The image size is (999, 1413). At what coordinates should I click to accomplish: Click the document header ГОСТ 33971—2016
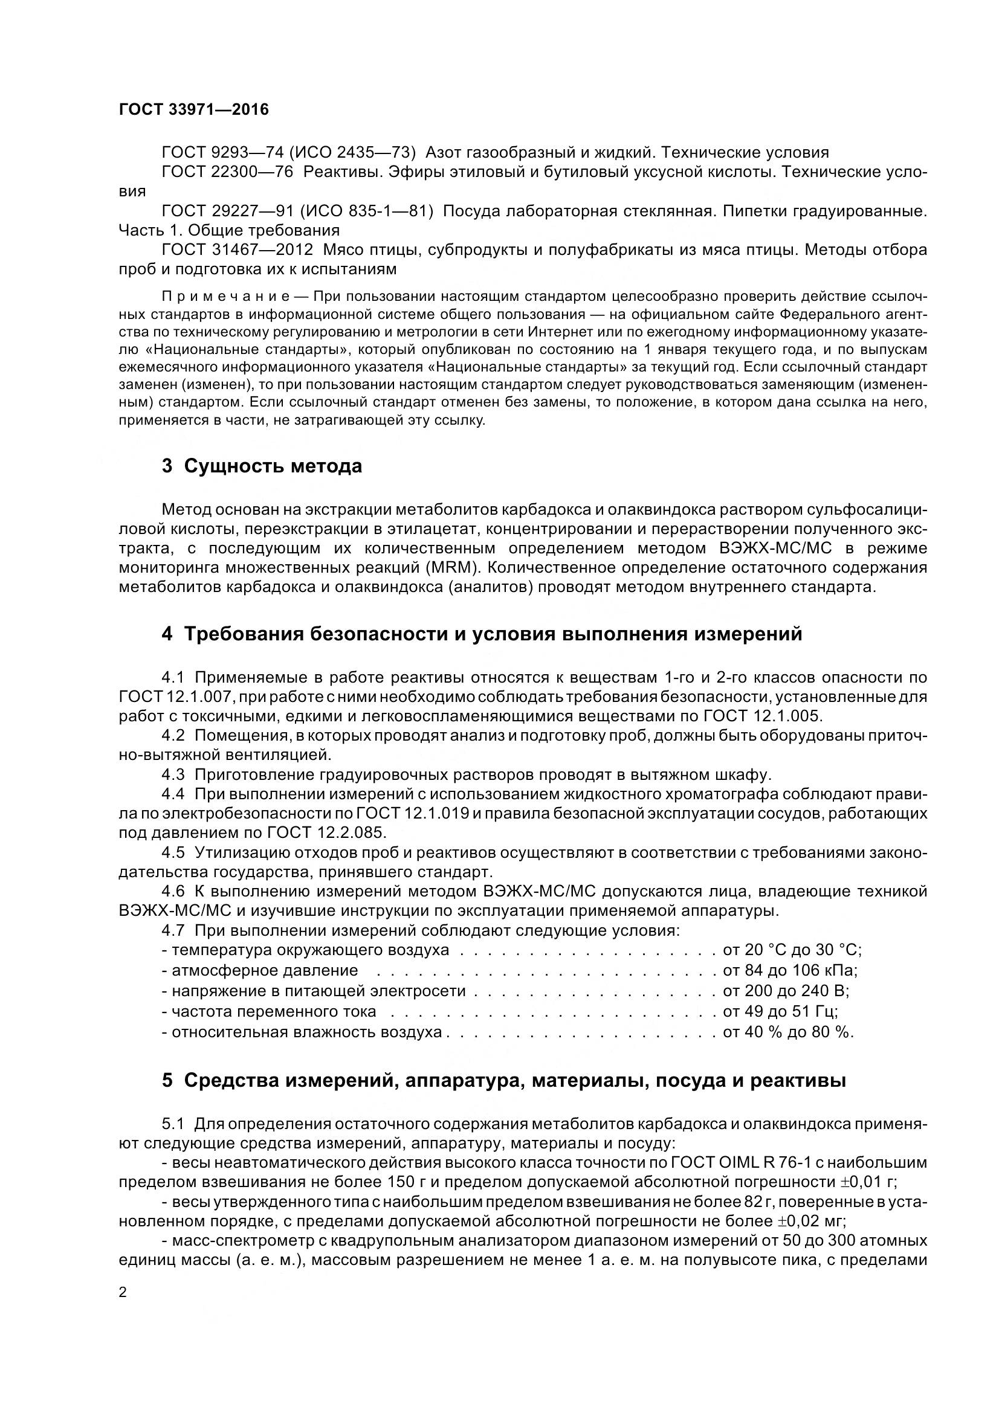[x=193, y=109]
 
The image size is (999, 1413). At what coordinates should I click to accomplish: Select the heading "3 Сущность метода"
[x=262, y=466]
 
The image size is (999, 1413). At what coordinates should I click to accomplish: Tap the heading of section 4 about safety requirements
[x=482, y=634]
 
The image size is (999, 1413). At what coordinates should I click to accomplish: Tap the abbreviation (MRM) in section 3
[x=452, y=567]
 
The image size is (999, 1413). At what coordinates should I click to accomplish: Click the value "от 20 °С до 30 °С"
[x=792, y=950]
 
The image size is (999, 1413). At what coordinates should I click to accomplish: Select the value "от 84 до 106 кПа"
[x=790, y=971]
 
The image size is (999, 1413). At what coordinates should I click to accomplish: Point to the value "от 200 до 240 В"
[x=786, y=991]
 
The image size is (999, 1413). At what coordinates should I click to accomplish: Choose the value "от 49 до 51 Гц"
[x=780, y=1011]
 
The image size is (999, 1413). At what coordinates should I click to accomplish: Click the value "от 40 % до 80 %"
[x=788, y=1032]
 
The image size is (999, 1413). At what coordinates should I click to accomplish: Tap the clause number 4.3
[x=173, y=774]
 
